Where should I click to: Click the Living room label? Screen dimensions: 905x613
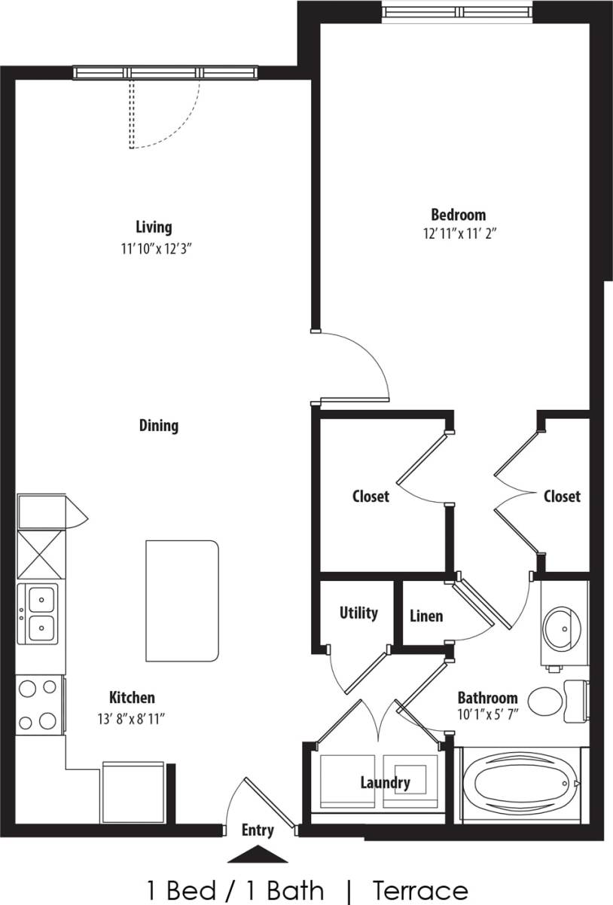(x=154, y=227)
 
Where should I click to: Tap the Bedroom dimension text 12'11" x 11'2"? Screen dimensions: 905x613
(x=459, y=234)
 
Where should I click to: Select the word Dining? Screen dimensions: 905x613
(x=159, y=426)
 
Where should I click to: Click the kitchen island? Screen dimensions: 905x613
(x=182, y=601)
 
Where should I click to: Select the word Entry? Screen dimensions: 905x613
(x=258, y=830)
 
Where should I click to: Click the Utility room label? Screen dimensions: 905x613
(x=358, y=613)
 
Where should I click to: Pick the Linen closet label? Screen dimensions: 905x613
(x=426, y=616)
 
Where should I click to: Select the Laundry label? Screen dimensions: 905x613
(x=385, y=783)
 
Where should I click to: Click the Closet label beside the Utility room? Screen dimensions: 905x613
(x=371, y=497)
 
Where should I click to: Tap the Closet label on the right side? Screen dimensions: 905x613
(x=562, y=497)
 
